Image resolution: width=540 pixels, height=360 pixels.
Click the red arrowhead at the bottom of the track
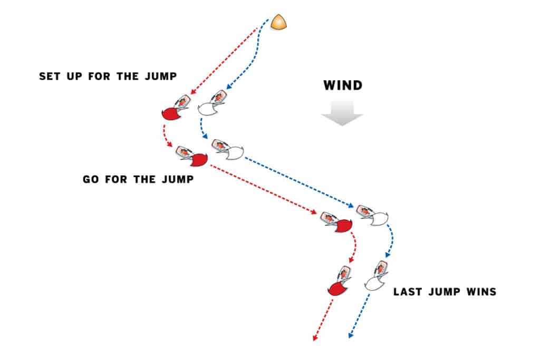[x=315, y=338]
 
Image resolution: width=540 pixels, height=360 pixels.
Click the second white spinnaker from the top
[x=235, y=153]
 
